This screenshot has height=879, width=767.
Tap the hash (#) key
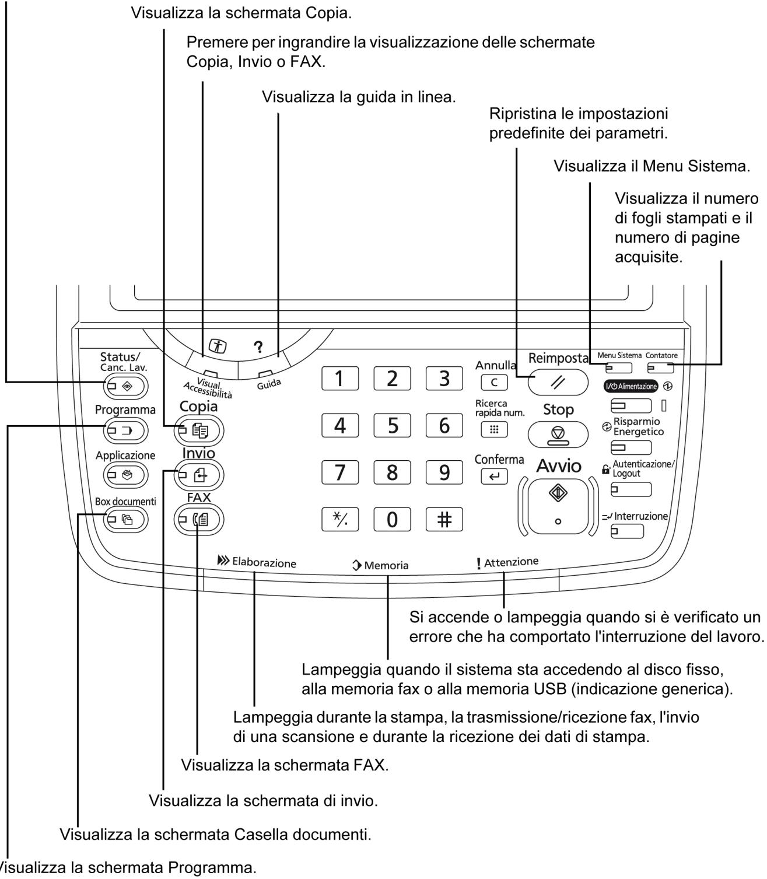pyautogui.click(x=444, y=519)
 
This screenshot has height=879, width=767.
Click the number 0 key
pyautogui.click(x=392, y=519)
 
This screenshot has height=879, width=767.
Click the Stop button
pyautogui.click(x=558, y=435)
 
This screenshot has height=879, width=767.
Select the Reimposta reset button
pyautogui.click(x=558, y=382)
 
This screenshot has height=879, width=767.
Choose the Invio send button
pyautogui.click(x=198, y=475)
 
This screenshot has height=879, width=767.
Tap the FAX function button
pyautogui.click(x=198, y=519)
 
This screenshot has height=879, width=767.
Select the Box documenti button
pyautogui.click(x=126, y=519)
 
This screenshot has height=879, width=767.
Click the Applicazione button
pyautogui.click(x=126, y=475)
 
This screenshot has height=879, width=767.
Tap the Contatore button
pyautogui.click(x=661, y=368)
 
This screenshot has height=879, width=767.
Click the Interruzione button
pyautogui.click(x=627, y=531)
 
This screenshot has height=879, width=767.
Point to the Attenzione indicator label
pyautogui.click(x=507, y=562)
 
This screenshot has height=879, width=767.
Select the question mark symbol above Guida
pyautogui.click(x=257, y=346)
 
